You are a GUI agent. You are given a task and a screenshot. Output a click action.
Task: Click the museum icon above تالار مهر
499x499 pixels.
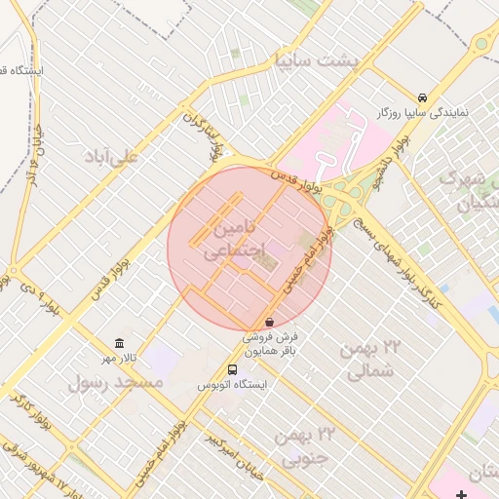(119, 343)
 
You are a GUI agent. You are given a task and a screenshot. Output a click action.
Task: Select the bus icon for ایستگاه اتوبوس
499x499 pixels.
(232, 369)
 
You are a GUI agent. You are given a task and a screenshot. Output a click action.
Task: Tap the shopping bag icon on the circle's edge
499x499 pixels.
(269, 322)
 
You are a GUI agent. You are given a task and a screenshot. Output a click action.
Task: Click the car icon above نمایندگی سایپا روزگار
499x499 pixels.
(421, 98)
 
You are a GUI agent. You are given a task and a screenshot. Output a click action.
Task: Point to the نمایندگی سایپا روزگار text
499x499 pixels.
(423, 113)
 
